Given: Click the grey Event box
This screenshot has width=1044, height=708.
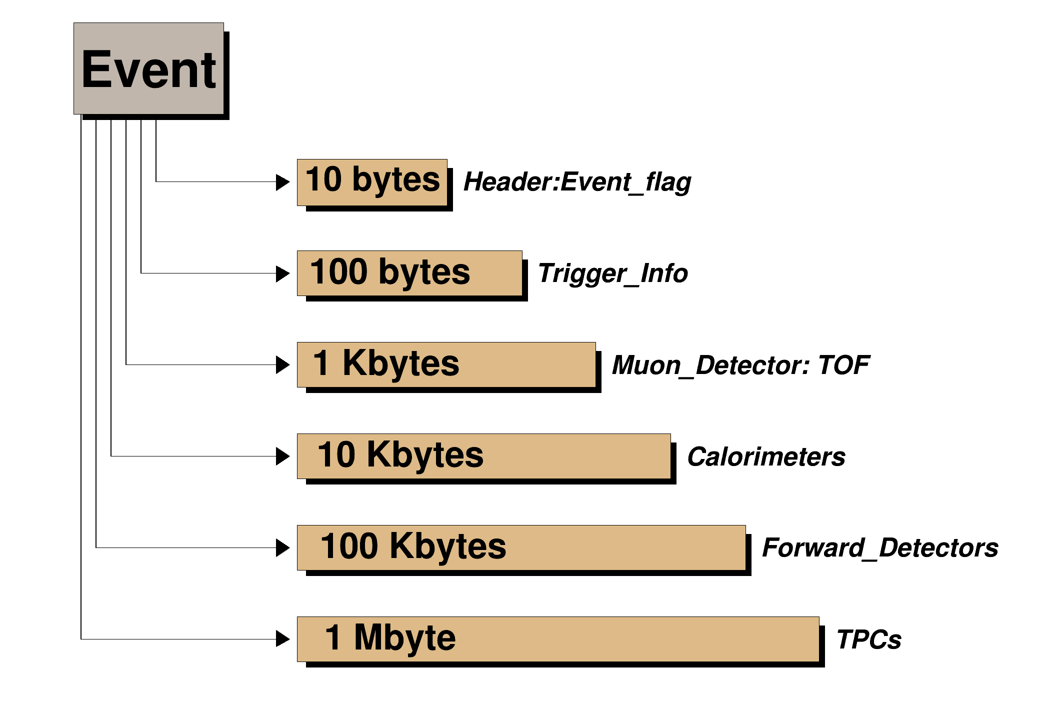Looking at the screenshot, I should [148, 68].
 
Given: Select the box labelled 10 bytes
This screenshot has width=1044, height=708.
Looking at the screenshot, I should [372, 182].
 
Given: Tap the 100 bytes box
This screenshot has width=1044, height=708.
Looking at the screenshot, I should [409, 273].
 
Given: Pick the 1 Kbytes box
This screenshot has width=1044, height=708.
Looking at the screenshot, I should [446, 365].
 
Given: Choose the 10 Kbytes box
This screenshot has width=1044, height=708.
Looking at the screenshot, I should [483, 456].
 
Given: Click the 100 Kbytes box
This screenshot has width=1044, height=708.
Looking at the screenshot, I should [521, 547].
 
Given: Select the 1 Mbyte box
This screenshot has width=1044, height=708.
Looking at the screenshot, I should [558, 639].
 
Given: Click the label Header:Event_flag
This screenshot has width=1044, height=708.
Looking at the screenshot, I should [577, 182].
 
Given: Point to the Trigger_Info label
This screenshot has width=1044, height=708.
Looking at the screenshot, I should [612, 274].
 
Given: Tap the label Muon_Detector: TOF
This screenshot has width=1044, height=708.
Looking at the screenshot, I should [740, 365].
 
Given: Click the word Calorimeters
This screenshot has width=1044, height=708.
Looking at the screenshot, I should [766, 456].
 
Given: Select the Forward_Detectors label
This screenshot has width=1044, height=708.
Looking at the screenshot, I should [879, 548].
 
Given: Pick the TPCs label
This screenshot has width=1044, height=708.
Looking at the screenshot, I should [869, 639].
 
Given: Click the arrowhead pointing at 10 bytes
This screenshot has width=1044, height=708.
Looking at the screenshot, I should [282, 182].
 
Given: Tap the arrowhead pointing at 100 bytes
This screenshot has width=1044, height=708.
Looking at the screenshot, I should [282, 273].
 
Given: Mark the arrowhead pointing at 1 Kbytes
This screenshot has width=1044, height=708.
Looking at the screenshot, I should [282, 364].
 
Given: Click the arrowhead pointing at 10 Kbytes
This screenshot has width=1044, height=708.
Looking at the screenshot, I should [282, 456].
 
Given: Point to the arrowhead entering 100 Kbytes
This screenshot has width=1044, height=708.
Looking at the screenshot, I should [282, 547].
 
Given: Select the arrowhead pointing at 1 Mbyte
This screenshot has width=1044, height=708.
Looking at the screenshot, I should [282, 638].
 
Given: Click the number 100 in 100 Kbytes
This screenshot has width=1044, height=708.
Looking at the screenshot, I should [349, 546].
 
